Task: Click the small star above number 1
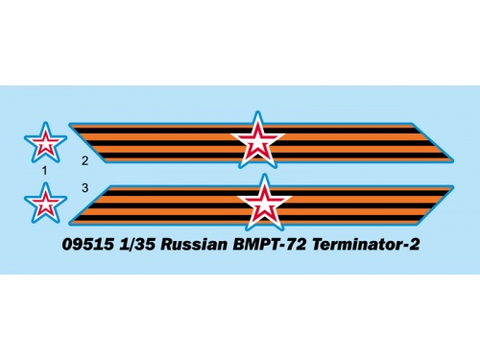point(45,143)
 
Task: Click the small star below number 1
point(45,204)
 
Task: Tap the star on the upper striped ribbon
point(257,141)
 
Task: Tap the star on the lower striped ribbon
point(264,204)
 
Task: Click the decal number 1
point(44,171)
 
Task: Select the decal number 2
point(84,160)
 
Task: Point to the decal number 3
point(84,188)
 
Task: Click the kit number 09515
point(88,245)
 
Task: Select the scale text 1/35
point(137,245)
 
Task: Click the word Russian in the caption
point(194,245)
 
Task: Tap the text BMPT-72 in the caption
point(270,245)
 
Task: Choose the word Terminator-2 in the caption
point(366,245)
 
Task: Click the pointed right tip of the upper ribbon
point(454,158)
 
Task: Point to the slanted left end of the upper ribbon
point(87,143)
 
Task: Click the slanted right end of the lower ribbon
point(436,204)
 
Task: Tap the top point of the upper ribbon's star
point(257,111)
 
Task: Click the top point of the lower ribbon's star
point(264,174)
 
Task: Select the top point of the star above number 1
point(46,122)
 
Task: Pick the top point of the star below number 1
point(46,182)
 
